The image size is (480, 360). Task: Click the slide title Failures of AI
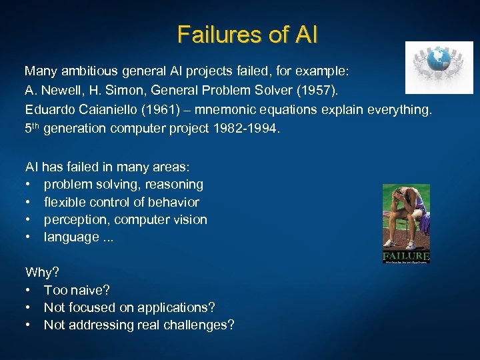click(x=247, y=34)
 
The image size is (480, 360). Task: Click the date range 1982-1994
click(x=244, y=129)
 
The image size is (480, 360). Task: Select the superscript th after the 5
click(x=37, y=126)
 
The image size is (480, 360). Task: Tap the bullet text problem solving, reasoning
click(x=123, y=184)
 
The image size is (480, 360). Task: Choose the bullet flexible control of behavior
click(x=121, y=202)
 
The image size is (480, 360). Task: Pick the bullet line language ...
click(x=78, y=237)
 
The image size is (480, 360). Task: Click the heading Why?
click(x=41, y=272)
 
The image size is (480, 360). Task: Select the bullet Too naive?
click(x=77, y=290)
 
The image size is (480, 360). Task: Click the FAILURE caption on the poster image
click(x=406, y=257)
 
